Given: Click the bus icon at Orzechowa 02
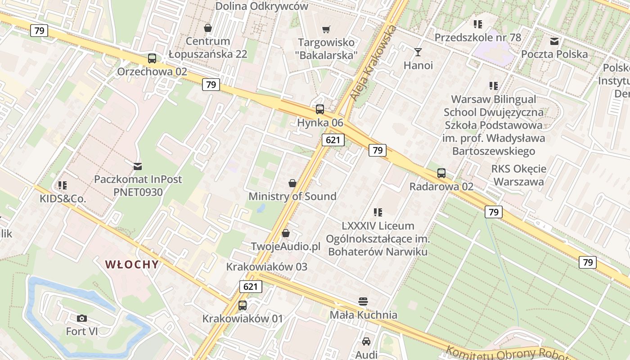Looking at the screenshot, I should point(152,58).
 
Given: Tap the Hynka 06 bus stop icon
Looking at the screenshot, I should point(320,109).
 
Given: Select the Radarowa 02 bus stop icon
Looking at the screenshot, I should point(441,173).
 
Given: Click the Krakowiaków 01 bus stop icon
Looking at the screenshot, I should point(243,306).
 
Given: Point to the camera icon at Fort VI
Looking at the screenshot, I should point(82,319).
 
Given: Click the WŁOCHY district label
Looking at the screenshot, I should point(132,265).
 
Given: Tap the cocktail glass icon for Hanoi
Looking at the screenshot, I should point(418,52).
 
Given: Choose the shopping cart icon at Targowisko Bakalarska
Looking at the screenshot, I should point(326,30).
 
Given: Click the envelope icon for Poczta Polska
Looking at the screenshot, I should point(554,41).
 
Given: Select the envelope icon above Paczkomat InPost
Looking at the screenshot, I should point(138,166).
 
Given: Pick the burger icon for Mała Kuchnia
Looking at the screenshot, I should point(364,301).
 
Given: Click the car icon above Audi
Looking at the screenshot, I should point(366,342).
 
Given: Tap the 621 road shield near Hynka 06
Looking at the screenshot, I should point(333,140).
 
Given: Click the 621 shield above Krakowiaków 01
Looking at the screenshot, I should point(250,287).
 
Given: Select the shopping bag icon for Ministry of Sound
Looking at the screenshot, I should point(292,183).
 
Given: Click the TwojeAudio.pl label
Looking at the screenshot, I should point(285,247).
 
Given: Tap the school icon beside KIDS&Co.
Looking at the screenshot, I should point(63,185).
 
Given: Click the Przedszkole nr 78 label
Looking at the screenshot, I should point(477,37).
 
